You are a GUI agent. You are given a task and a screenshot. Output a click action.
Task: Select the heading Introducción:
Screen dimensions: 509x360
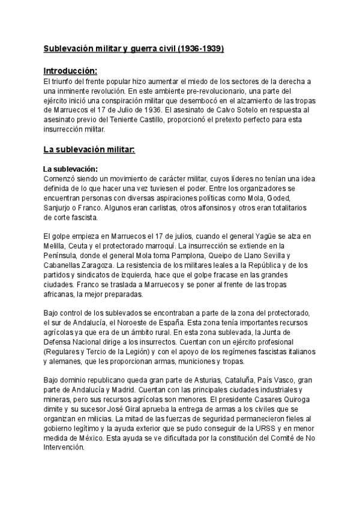pos(70,70)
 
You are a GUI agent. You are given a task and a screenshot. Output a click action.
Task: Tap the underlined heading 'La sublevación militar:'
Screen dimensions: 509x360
pos(89,149)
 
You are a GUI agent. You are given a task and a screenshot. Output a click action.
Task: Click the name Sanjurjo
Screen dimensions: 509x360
pos(59,208)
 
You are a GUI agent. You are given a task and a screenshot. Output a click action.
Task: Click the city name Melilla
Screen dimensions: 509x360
pos(55,246)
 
